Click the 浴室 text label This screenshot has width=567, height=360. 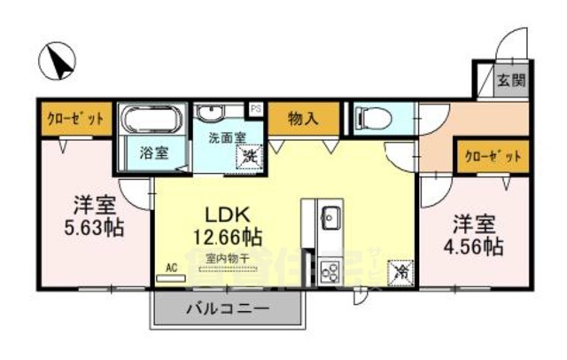click(153, 153)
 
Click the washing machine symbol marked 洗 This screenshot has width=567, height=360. click(251, 155)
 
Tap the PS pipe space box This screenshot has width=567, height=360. click(256, 109)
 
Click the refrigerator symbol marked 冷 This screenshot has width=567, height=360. click(400, 272)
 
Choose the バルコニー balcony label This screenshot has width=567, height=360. click(227, 309)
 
